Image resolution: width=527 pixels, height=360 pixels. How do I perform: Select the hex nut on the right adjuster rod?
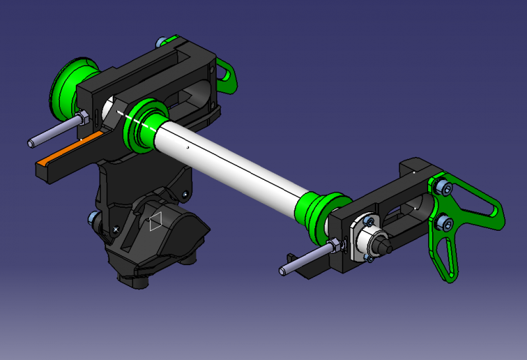click(335, 246)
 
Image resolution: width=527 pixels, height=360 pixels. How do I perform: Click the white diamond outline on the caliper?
click(155, 222)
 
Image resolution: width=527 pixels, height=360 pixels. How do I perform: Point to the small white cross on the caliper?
click(116, 229)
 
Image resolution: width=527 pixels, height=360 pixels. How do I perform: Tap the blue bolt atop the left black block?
click(160, 43)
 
